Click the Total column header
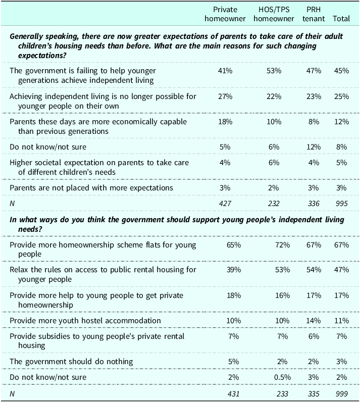click(x=341, y=19)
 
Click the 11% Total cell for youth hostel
click(x=341, y=321)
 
